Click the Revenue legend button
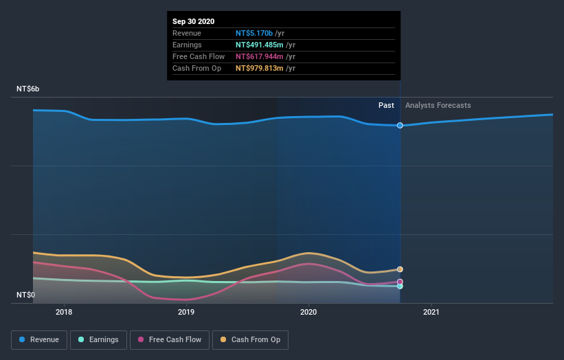pyautogui.click(x=40, y=339)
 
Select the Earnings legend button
pyautogui.click(x=98, y=339)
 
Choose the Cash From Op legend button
pyautogui.click(x=251, y=339)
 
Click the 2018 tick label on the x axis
pyautogui.click(x=64, y=312)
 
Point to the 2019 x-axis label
pyautogui.click(x=186, y=312)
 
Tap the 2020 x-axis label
pyautogui.click(x=308, y=312)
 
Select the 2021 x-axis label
pyautogui.click(x=431, y=312)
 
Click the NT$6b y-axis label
pyautogui.click(x=28, y=89)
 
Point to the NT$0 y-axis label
pyautogui.click(x=26, y=295)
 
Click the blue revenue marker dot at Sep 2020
pyautogui.click(x=400, y=125)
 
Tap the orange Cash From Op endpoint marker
pyautogui.click(x=400, y=269)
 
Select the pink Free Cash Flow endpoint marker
pyautogui.click(x=400, y=282)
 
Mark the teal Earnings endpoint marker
pyautogui.click(x=400, y=286)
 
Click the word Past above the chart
pyautogui.click(x=386, y=105)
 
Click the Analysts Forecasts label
pyautogui.click(x=438, y=105)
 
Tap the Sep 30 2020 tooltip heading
pyautogui.click(x=194, y=21)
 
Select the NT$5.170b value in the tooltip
pyautogui.click(x=254, y=33)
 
